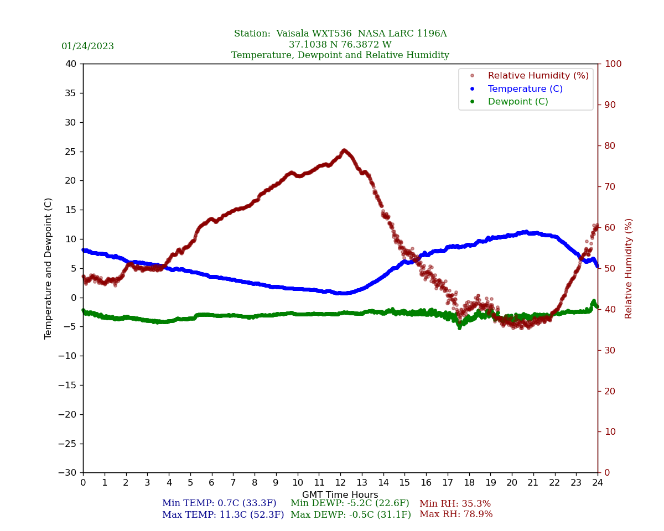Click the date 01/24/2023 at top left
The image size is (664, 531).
pos(87,46)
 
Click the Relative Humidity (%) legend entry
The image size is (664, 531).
pos(538,76)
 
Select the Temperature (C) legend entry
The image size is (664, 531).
pos(525,88)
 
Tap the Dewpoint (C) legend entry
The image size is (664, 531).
pos(517,102)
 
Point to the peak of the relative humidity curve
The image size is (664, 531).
pos(344,150)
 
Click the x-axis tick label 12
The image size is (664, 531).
pos(340,482)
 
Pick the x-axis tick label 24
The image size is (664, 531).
pos(598,482)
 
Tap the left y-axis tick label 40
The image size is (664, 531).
pos(70,64)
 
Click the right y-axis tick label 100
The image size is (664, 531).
pos(613,64)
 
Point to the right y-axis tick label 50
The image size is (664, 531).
pos(610,268)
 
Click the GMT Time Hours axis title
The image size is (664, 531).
pos(340,495)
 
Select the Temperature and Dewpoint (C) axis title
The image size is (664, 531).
pos(49,268)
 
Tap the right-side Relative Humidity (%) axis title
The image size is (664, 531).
pos(629,268)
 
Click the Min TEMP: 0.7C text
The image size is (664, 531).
pos(219,503)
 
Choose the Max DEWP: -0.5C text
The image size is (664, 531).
pos(351,514)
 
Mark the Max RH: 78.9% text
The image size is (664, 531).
pos(456,514)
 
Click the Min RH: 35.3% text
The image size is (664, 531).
pos(455,504)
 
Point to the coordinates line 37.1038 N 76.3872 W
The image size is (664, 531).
pos(340,45)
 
